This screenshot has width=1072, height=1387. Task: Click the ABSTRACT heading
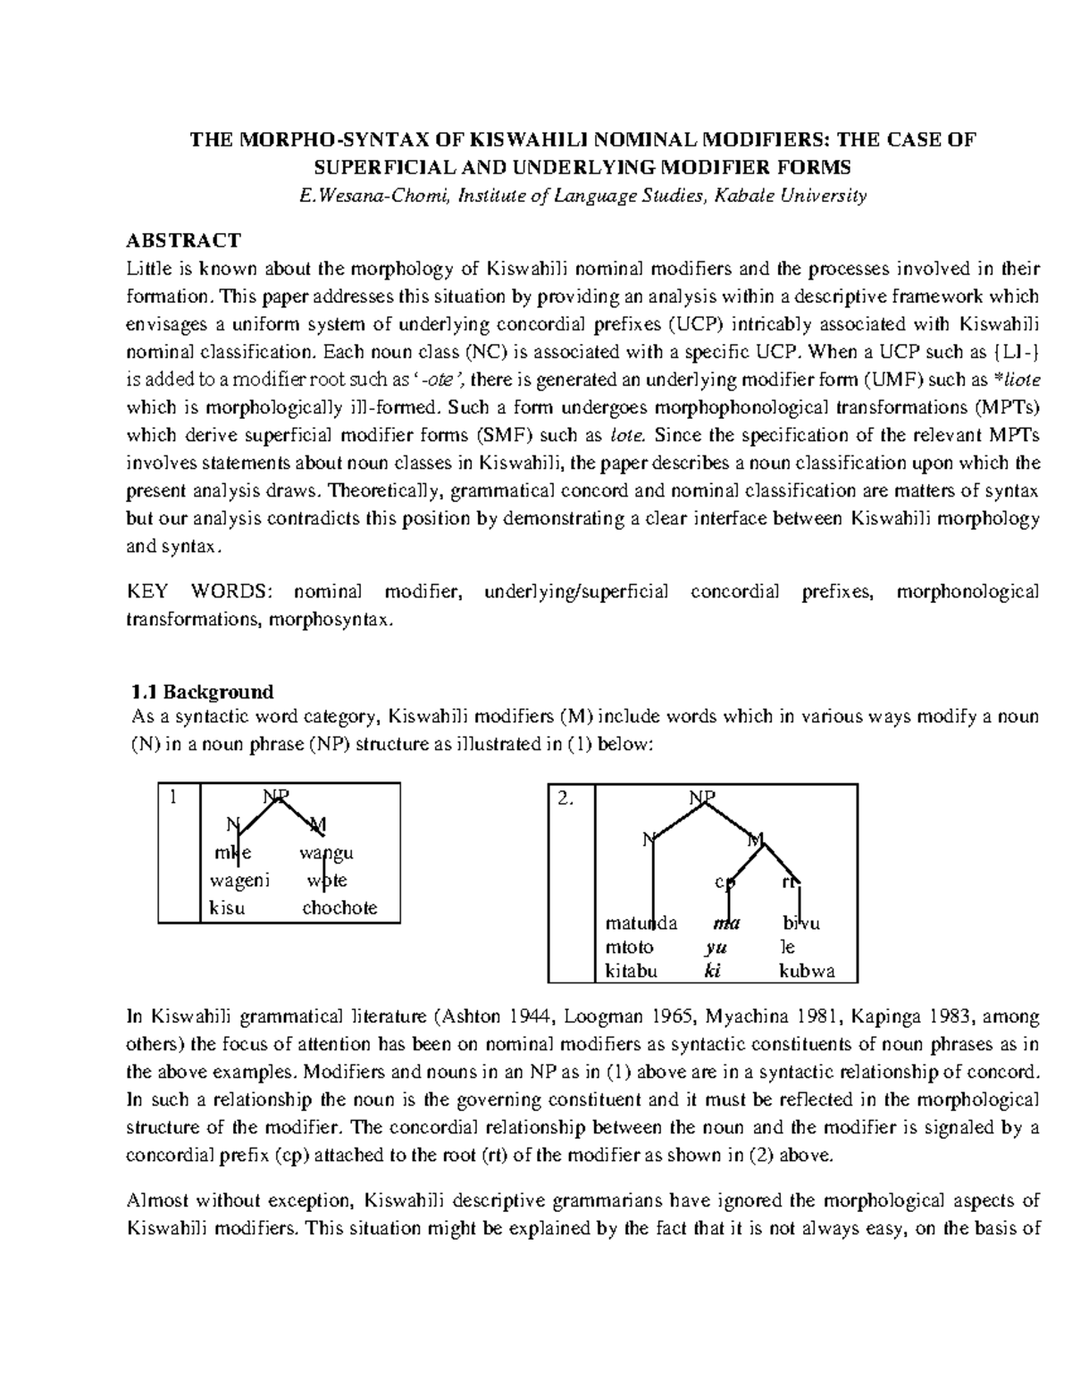pyautogui.click(x=183, y=240)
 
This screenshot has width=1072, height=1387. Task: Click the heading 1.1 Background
pyautogui.click(x=202, y=691)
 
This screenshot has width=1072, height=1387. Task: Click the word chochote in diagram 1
pyautogui.click(x=339, y=908)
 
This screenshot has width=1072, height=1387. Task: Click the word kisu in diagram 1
pyautogui.click(x=227, y=908)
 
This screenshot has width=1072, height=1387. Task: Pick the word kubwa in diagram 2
pyautogui.click(x=807, y=972)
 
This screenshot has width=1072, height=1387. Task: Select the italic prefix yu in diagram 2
pyautogui.click(x=712, y=948)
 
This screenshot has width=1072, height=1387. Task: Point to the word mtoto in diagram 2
pyautogui.click(x=629, y=948)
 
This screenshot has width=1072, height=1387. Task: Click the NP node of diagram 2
pyautogui.click(x=704, y=798)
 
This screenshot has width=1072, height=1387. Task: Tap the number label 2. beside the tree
pyautogui.click(x=565, y=800)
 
